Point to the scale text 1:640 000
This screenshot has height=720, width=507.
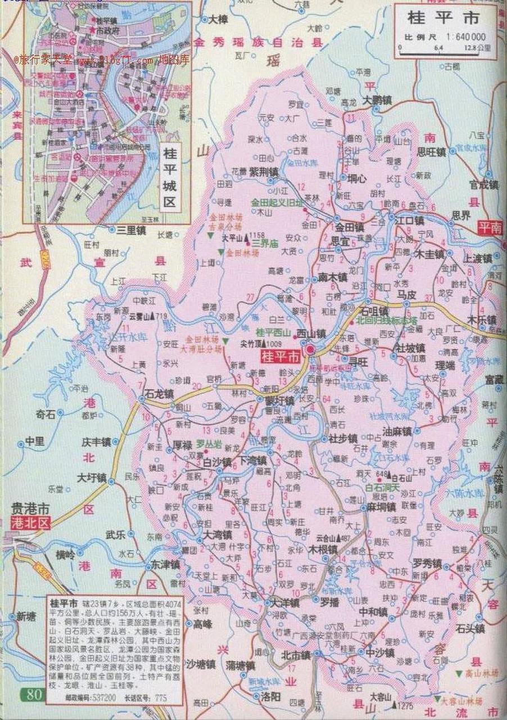click(467, 37)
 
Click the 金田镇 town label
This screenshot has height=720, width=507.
click(350, 228)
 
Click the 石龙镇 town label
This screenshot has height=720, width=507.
click(159, 393)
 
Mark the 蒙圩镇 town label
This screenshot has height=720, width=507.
click(279, 401)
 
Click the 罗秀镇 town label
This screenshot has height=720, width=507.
click(427, 562)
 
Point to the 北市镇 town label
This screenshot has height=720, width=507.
click(296, 655)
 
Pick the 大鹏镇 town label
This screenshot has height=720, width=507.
click(377, 100)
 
